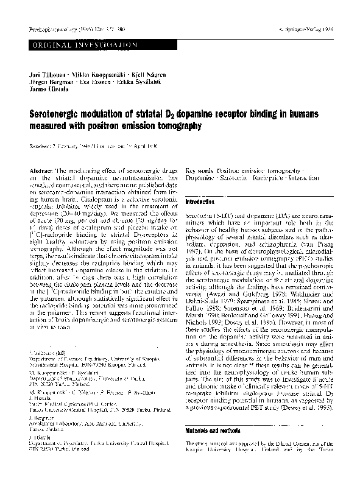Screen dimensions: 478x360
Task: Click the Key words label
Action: point(199,172)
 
